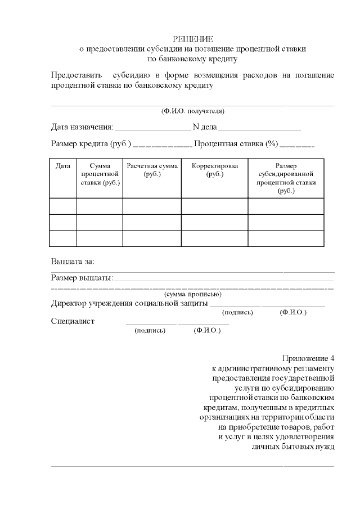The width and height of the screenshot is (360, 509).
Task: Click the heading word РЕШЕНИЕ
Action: point(192,39)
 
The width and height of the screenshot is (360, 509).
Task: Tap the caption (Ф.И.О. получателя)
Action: point(192,111)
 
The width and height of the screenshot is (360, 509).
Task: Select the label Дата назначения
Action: point(82,127)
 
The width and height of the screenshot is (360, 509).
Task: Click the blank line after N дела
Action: point(259,128)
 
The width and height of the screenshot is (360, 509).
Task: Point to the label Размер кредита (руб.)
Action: point(91,144)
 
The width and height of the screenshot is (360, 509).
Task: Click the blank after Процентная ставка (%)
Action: point(297,145)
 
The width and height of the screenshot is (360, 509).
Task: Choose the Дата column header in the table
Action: point(63,166)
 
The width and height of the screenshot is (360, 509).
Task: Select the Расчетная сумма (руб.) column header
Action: point(152,170)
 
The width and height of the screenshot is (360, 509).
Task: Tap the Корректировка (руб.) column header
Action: point(214,170)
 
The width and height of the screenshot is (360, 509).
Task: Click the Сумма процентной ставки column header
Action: point(100,174)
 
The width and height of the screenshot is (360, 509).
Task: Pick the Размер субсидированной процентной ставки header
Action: point(286,178)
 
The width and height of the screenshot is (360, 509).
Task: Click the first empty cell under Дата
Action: point(63,206)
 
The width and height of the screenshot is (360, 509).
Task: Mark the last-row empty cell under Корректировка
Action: point(214,238)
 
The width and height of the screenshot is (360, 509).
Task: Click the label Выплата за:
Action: point(73,262)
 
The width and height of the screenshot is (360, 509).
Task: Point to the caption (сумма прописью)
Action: point(192,294)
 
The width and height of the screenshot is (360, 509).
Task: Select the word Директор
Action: point(69,304)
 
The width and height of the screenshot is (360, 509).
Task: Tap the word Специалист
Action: point(73,322)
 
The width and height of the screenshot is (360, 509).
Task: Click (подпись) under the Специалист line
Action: point(150,331)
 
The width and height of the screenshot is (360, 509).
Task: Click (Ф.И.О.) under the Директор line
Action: point(292,312)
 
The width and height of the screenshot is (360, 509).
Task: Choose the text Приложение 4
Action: point(308,359)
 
